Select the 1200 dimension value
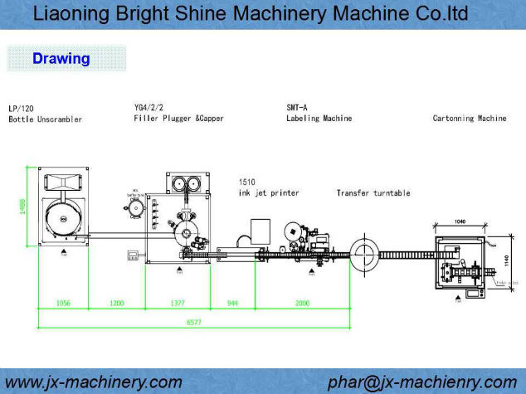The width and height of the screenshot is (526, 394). [x=116, y=304]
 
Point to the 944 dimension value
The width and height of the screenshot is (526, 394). [x=232, y=304]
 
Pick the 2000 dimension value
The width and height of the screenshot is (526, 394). [x=302, y=304]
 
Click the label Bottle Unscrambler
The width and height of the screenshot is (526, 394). [x=45, y=119]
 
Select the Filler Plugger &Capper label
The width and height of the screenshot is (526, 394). [x=178, y=119]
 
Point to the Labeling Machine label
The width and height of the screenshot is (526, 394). [x=319, y=119]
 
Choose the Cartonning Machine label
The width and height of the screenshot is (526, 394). [x=469, y=119]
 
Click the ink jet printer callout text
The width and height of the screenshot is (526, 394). [x=268, y=192]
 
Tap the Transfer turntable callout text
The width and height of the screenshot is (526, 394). [x=373, y=192]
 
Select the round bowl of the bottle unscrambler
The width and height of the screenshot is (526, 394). [x=63, y=218]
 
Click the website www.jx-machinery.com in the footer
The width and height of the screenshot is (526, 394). [x=94, y=382]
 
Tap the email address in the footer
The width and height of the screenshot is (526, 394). [x=421, y=382]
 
